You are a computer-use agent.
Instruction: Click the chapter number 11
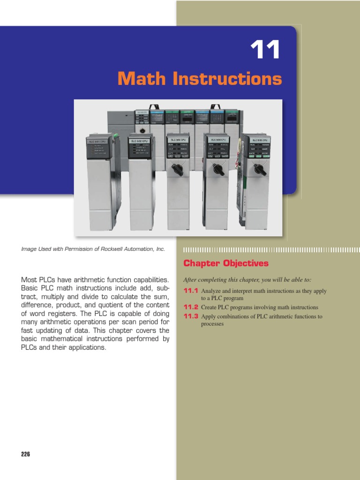click(x=265, y=50)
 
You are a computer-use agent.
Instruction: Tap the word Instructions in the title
click(x=228, y=79)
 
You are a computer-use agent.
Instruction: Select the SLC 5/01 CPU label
click(x=98, y=141)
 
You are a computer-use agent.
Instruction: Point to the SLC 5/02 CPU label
click(x=142, y=140)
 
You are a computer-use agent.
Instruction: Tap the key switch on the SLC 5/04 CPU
click(x=218, y=168)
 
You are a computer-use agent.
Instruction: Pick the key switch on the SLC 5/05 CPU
click(x=259, y=169)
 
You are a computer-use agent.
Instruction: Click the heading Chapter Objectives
click(x=226, y=263)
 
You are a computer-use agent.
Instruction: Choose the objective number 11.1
click(x=191, y=291)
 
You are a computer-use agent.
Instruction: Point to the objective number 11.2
click(x=191, y=307)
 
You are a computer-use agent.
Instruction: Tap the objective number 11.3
click(x=191, y=316)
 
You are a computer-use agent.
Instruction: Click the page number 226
click(x=25, y=454)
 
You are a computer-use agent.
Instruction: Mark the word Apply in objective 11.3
click(x=209, y=316)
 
